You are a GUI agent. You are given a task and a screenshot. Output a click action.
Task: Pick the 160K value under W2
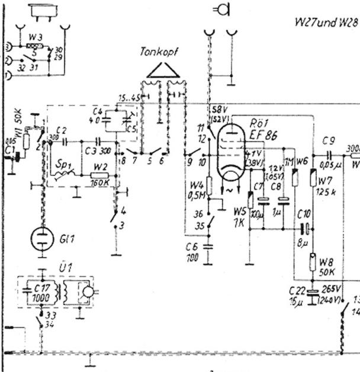pyautogui.click(x=101, y=183)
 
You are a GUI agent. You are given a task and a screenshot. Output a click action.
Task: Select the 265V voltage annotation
pyautogui.click(x=331, y=288)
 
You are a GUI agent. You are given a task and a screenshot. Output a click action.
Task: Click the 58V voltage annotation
pyautogui.click(x=218, y=111)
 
